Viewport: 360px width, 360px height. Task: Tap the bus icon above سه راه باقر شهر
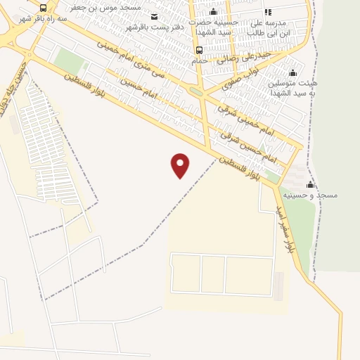pyautogui.click(x=44, y=8)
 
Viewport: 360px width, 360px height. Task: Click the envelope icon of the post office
pyautogui.click(x=155, y=16)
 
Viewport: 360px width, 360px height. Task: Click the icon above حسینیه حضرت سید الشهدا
pyautogui.click(x=214, y=12)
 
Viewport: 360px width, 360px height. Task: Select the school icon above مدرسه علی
pyautogui.click(x=268, y=12)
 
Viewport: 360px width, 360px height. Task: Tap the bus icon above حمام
pyautogui.click(x=199, y=50)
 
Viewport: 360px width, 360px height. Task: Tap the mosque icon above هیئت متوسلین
pyautogui.click(x=292, y=72)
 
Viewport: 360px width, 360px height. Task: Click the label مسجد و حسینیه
pyautogui.click(x=309, y=194)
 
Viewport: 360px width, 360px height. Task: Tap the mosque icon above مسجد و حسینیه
pyautogui.click(x=310, y=184)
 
